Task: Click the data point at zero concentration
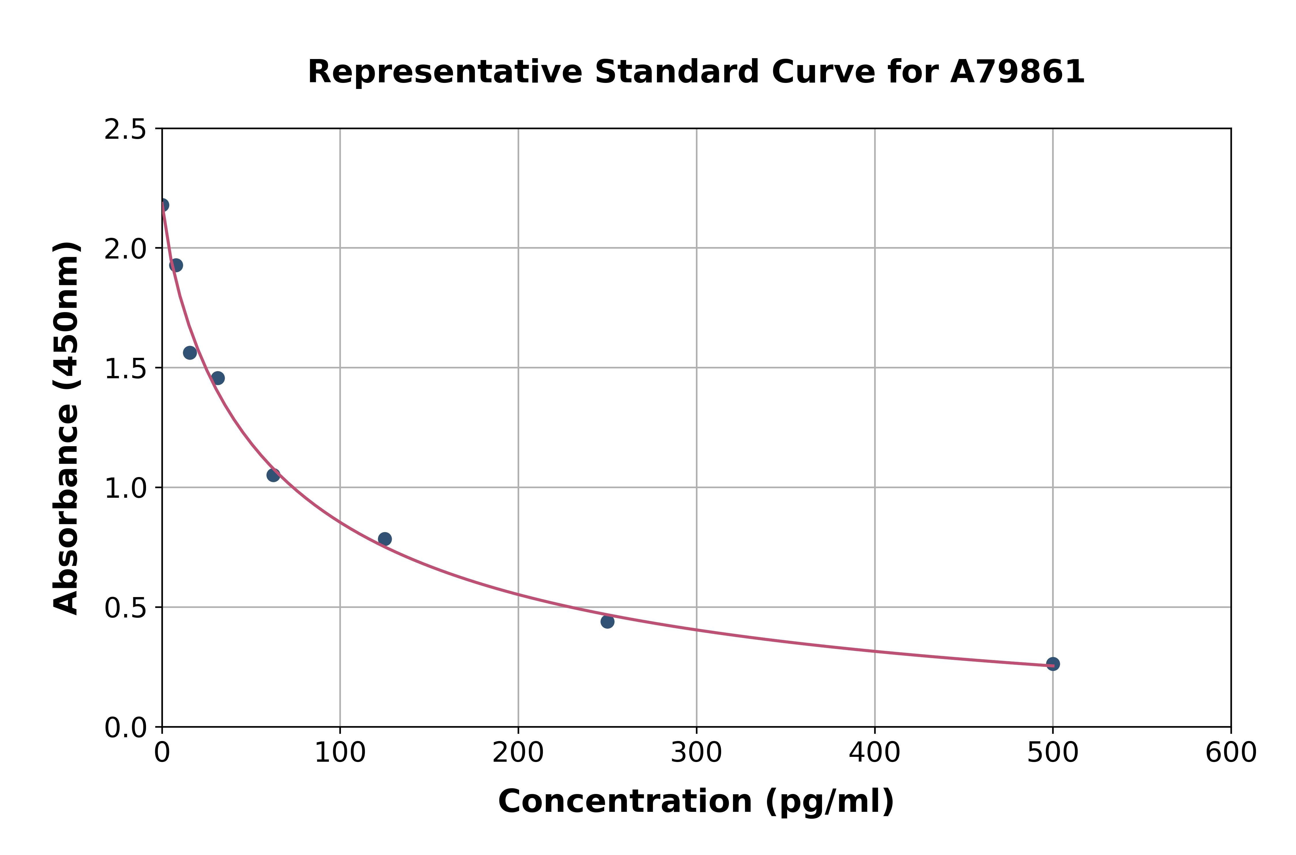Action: (162, 205)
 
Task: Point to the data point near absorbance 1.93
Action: (176, 265)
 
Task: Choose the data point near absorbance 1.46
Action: (218, 378)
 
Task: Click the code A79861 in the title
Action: (1017, 72)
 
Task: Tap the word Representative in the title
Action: (445, 72)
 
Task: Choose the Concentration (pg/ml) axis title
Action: (696, 801)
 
